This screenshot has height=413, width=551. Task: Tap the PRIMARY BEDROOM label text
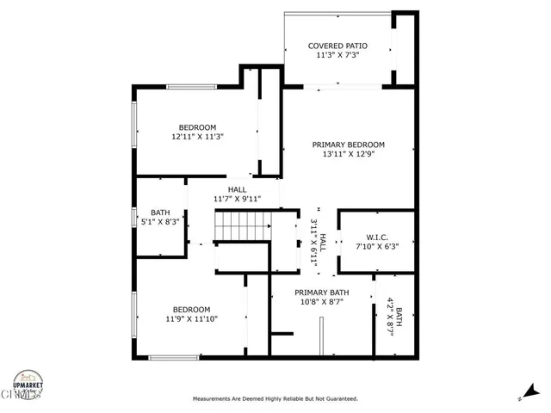click(x=348, y=145)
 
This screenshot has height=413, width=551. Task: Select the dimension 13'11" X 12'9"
click(x=348, y=155)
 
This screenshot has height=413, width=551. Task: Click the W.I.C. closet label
click(x=377, y=236)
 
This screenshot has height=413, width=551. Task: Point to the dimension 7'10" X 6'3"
click(x=377, y=246)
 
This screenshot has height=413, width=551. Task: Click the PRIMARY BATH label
click(x=320, y=293)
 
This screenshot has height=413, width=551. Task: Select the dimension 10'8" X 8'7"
click(x=320, y=303)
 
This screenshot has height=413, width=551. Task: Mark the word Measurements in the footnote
click(x=212, y=399)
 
